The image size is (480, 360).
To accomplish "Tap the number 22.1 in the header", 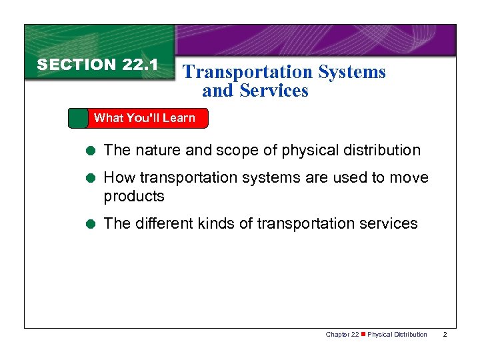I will point(139,65).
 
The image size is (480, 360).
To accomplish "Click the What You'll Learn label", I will point(145,118).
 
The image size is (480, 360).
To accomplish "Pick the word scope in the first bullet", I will point(241,151).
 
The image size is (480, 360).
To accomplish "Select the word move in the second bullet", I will point(407,178).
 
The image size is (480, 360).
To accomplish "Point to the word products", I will point(134,197).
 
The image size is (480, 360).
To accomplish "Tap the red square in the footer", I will point(363,335).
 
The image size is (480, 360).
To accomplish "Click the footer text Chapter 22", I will point(342,335).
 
